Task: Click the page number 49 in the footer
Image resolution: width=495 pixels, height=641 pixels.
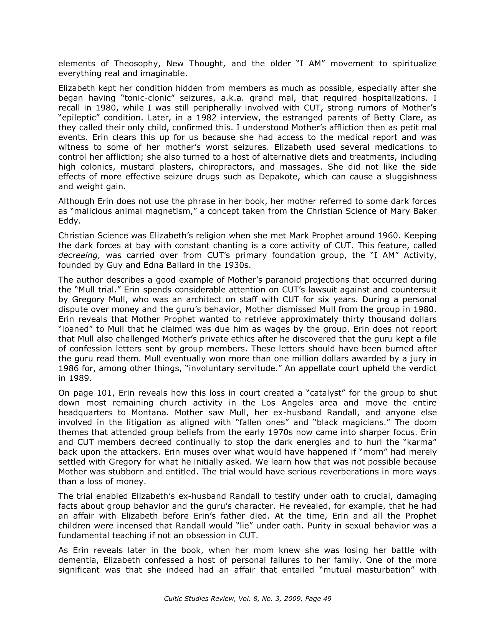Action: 327,599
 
